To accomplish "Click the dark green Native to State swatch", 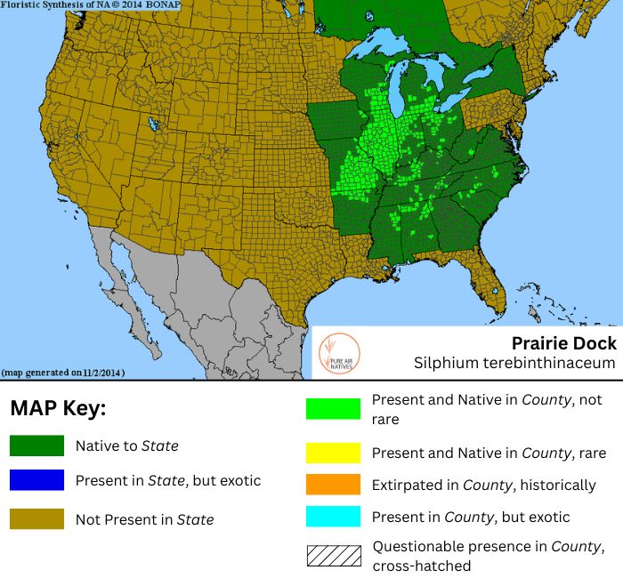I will click(x=36, y=446).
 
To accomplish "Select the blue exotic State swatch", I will click(x=36, y=480).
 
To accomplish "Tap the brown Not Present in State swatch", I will click(x=36, y=519).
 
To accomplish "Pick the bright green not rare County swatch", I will click(x=334, y=408).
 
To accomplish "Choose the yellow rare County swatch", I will click(x=334, y=454).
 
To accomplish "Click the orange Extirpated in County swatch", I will click(x=334, y=486).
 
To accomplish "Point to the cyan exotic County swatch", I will click(x=334, y=517).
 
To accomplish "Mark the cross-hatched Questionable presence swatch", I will click(x=334, y=556).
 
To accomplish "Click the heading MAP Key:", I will click(x=58, y=409).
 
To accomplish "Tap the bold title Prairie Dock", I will click(x=563, y=342).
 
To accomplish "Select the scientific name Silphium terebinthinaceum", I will click(x=514, y=363).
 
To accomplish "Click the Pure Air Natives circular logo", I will click(x=338, y=353).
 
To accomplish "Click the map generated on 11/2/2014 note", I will click(x=63, y=372).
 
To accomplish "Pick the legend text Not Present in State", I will click(x=145, y=519).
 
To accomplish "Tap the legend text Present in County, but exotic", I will click(x=470, y=517).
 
